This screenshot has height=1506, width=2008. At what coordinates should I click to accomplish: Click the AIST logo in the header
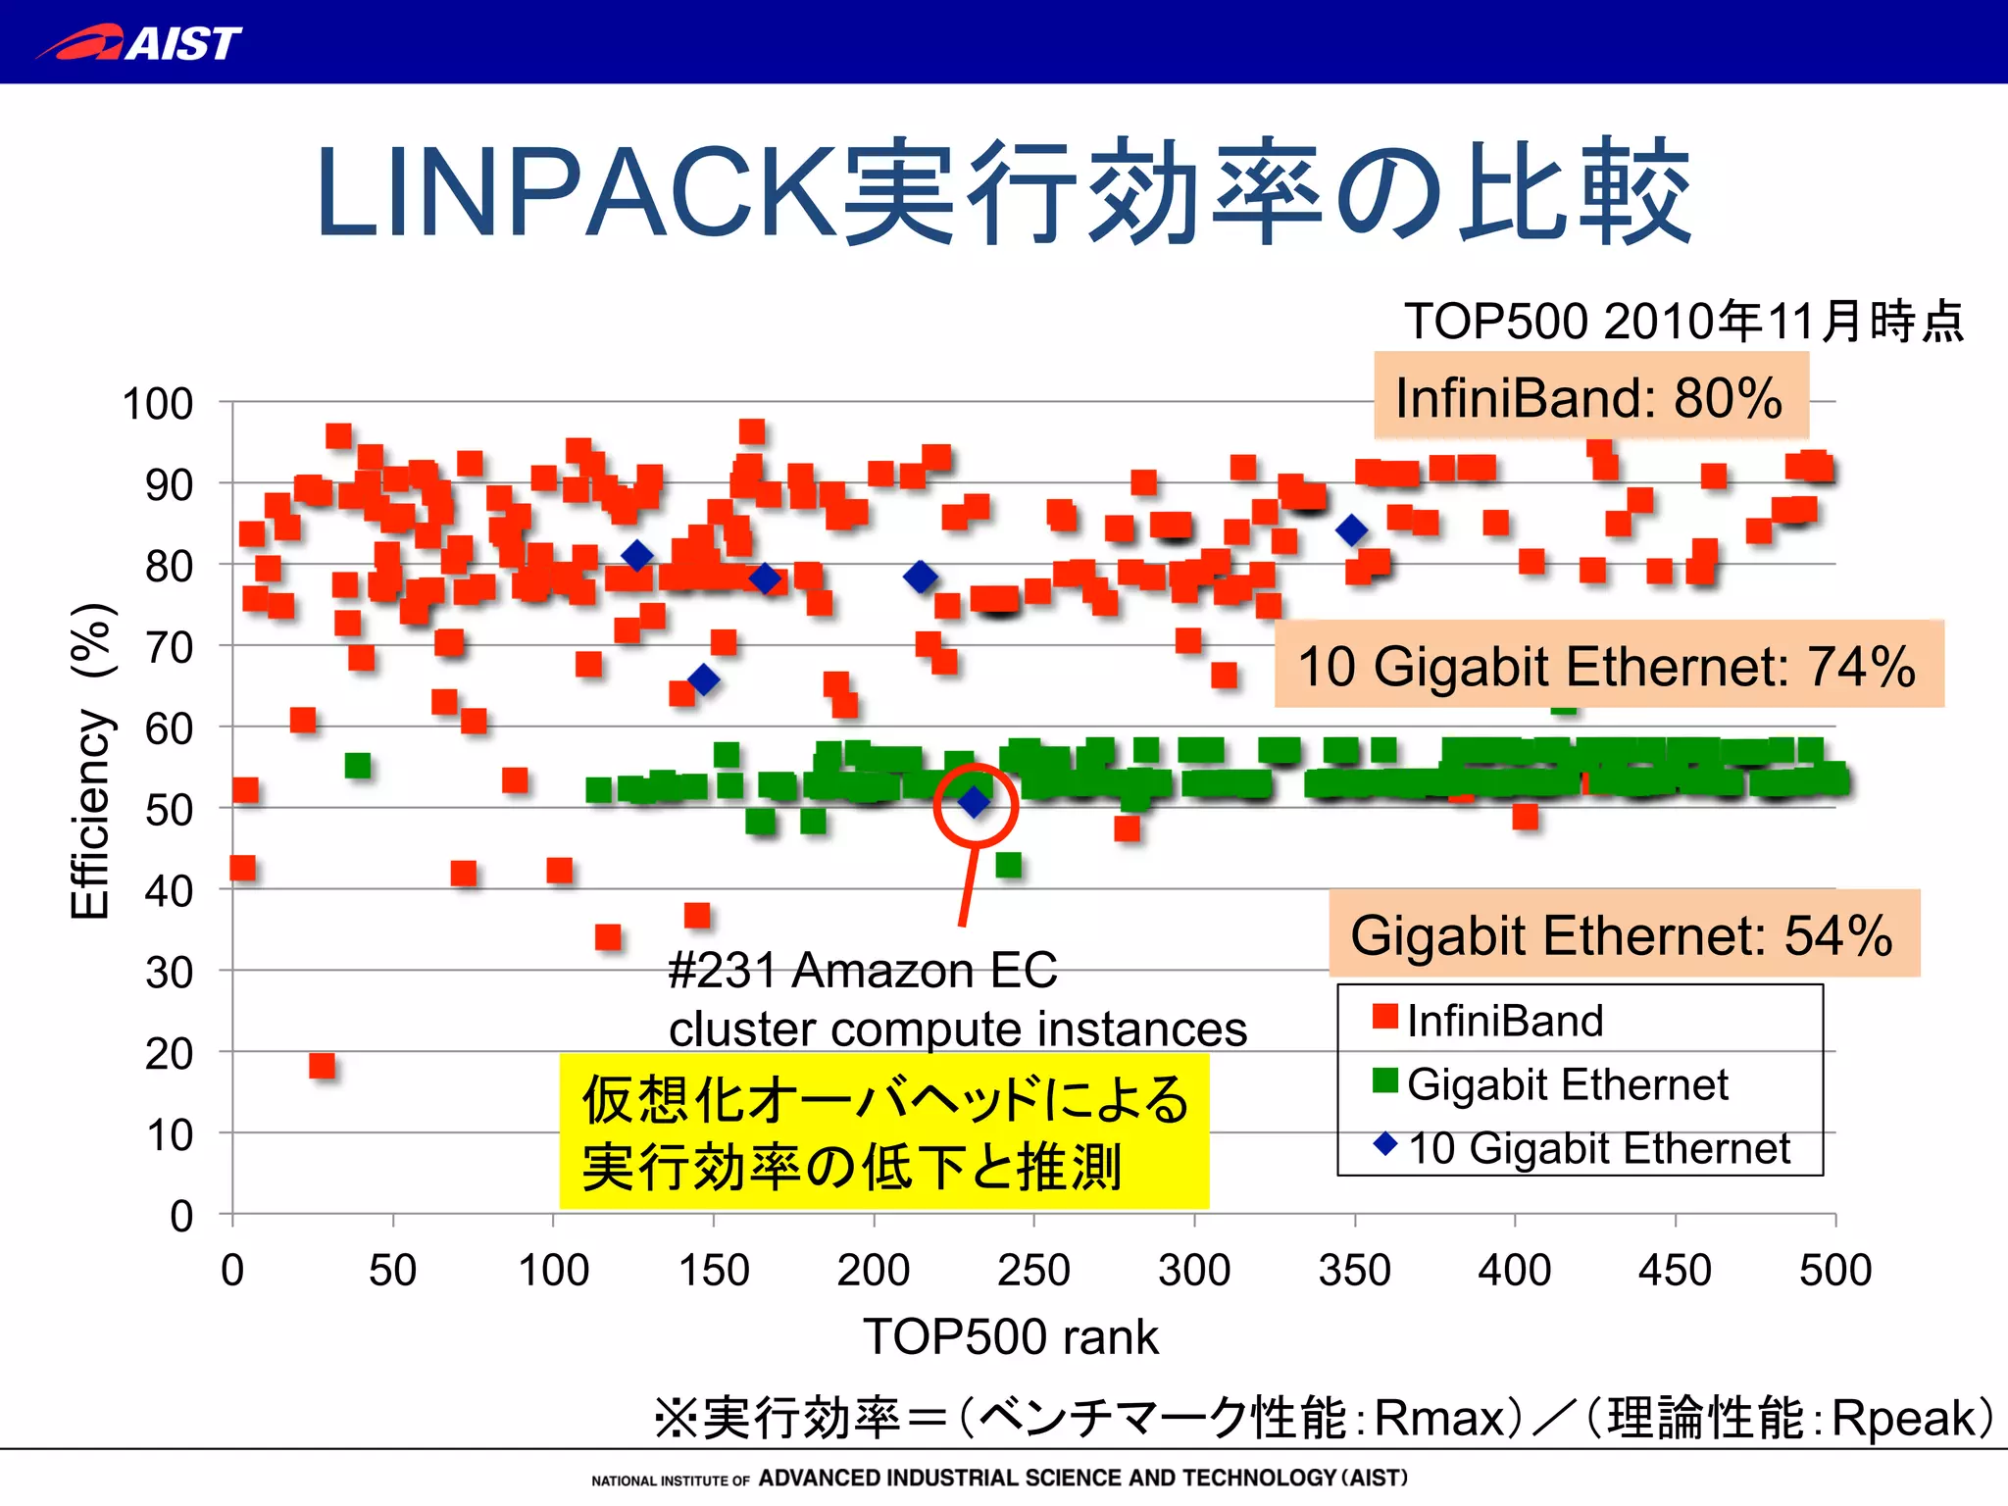click(139, 42)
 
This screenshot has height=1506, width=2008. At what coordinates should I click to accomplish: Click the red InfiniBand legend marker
click(1384, 1017)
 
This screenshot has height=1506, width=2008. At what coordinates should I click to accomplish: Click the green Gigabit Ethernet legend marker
click(1384, 1080)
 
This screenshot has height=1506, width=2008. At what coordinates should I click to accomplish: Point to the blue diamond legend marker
click(1384, 1144)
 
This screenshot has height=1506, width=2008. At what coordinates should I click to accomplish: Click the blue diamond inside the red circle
click(974, 803)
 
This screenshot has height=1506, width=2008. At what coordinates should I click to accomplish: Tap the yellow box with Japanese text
click(883, 1131)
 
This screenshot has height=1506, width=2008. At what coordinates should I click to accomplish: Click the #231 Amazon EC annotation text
click(863, 971)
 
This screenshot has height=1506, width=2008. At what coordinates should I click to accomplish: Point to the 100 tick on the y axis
click(157, 404)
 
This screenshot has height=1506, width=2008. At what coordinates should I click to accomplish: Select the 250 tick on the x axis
click(1033, 1270)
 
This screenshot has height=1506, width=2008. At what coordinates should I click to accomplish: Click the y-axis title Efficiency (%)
click(90, 762)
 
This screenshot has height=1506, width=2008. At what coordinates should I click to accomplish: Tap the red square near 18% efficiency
click(322, 1066)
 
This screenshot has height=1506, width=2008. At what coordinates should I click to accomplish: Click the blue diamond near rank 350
click(1352, 531)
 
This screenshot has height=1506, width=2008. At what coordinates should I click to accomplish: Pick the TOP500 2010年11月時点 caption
click(1682, 322)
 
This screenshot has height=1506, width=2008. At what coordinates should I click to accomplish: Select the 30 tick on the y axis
click(169, 973)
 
